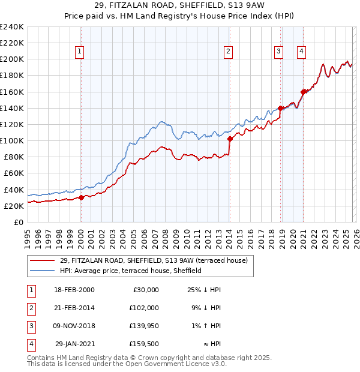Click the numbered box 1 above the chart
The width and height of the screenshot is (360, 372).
pyautogui.click(x=80, y=52)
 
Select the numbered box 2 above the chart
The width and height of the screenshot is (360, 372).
pyautogui.click(x=229, y=52)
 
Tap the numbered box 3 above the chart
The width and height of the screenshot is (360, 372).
pyautogui.click(x=279, y=52)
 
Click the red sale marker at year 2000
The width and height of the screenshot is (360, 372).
pyautogui.click(x=81, y=197)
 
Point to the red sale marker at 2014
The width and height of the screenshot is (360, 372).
pyautogui.click(x=230, y=139)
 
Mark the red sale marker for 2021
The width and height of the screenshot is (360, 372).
pyautogui.click(x=303, y=92)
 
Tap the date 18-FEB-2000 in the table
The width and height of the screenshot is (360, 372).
pyautogui.click(x=74, y=290)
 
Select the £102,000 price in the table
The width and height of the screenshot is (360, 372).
pyautogui.click(x=144, y=308)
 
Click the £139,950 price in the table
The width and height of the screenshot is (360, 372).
pyautogui.click(x=144, y=326)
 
